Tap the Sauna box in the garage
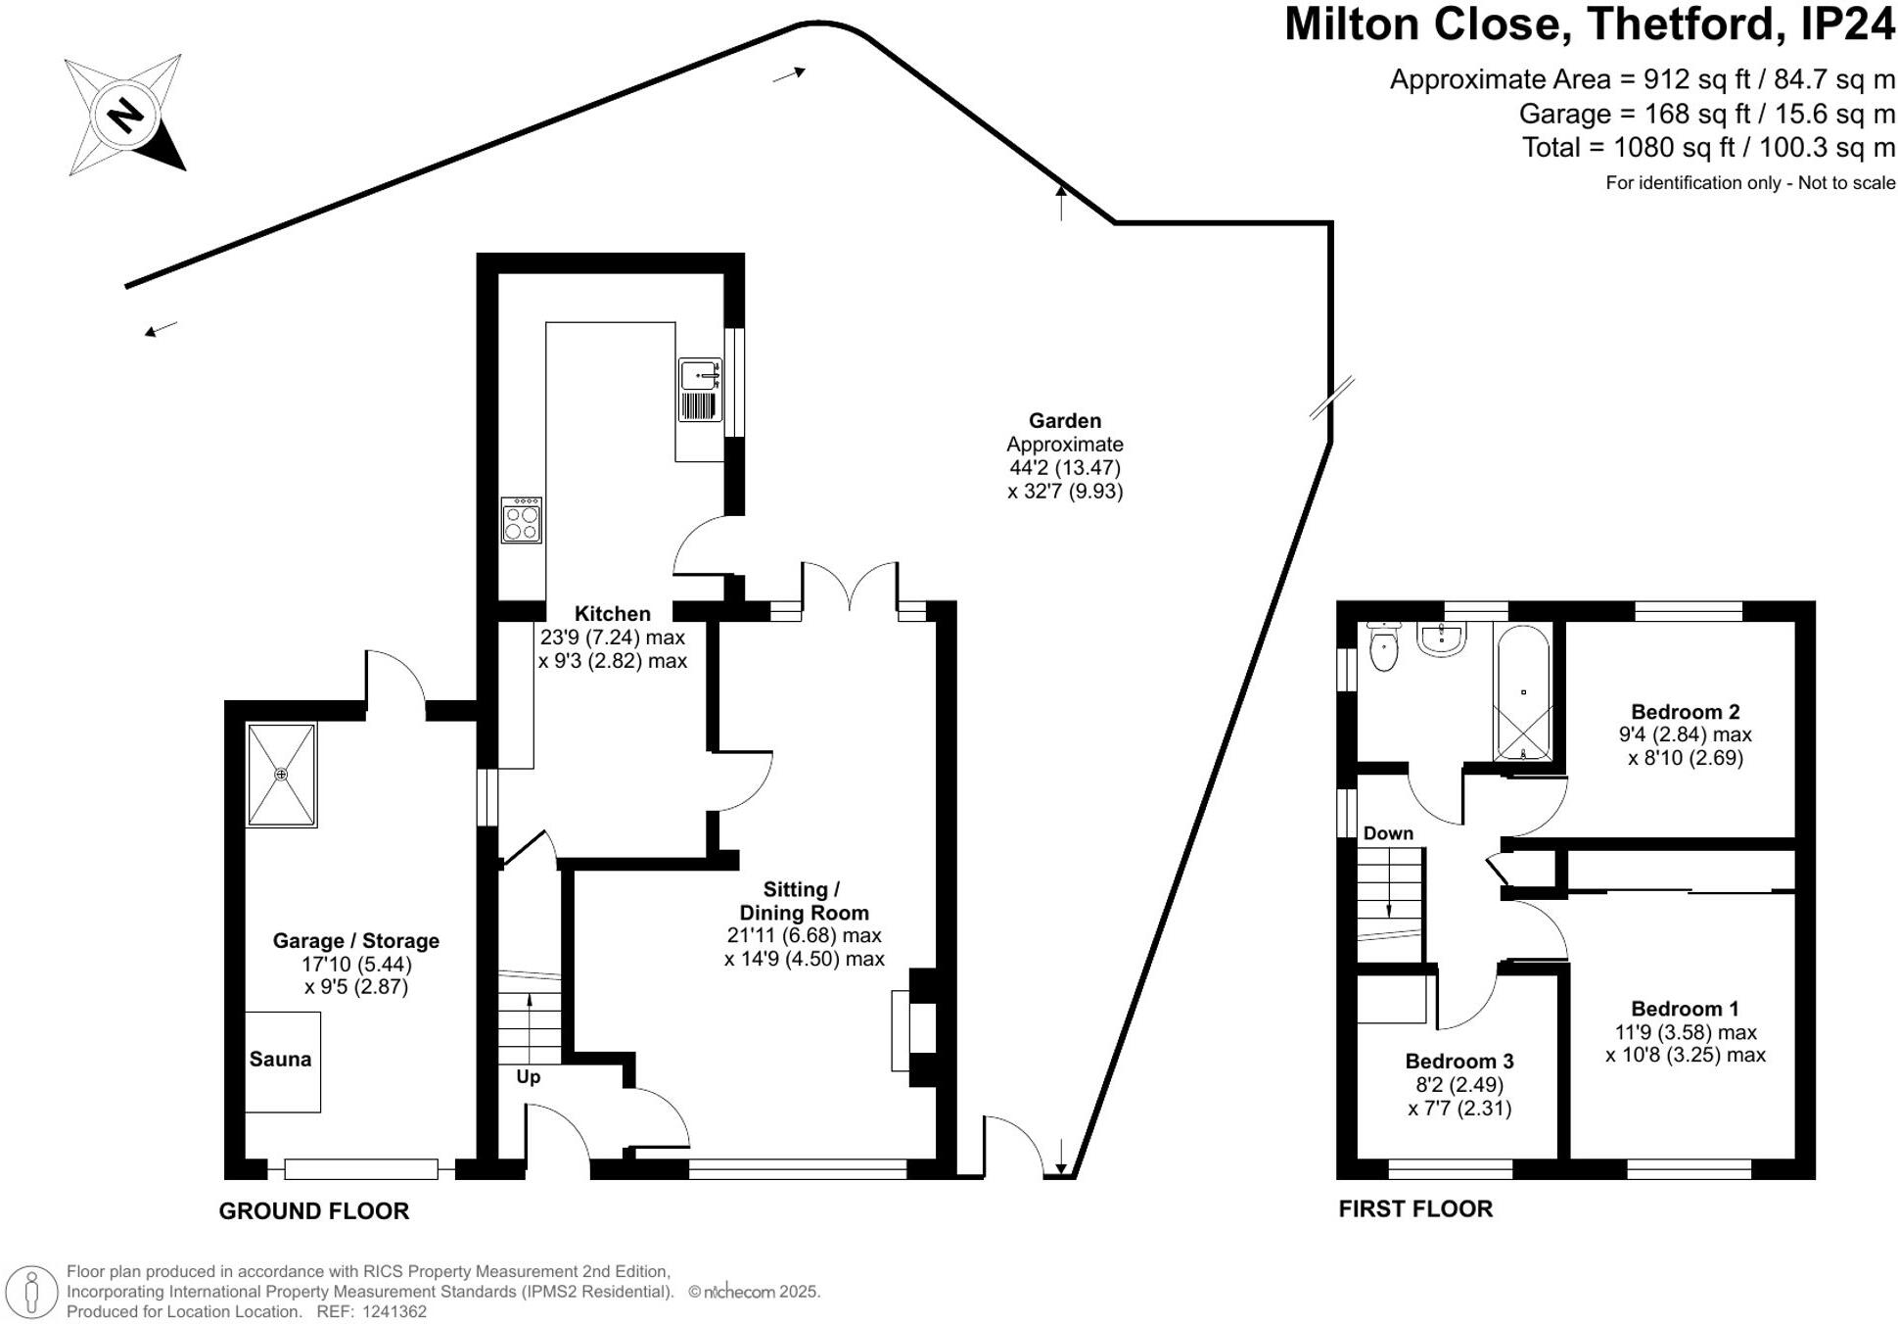point(282,1062)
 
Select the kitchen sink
point(701,389)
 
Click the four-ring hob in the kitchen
point(521,520)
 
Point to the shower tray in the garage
point(281,775)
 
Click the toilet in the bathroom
point(1383,646)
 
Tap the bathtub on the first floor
point(1522,692)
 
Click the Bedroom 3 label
point(1459,1062)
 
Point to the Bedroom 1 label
point(1686,1009)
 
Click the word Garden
point(1065,421)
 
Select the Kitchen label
point(613,614)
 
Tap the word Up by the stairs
point(529,1077)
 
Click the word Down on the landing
point(1388,833)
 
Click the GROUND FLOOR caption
point(314,1211)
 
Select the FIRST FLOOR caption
point(1415,1209)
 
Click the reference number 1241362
point(394,1312)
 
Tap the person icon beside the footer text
point(33,1292)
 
